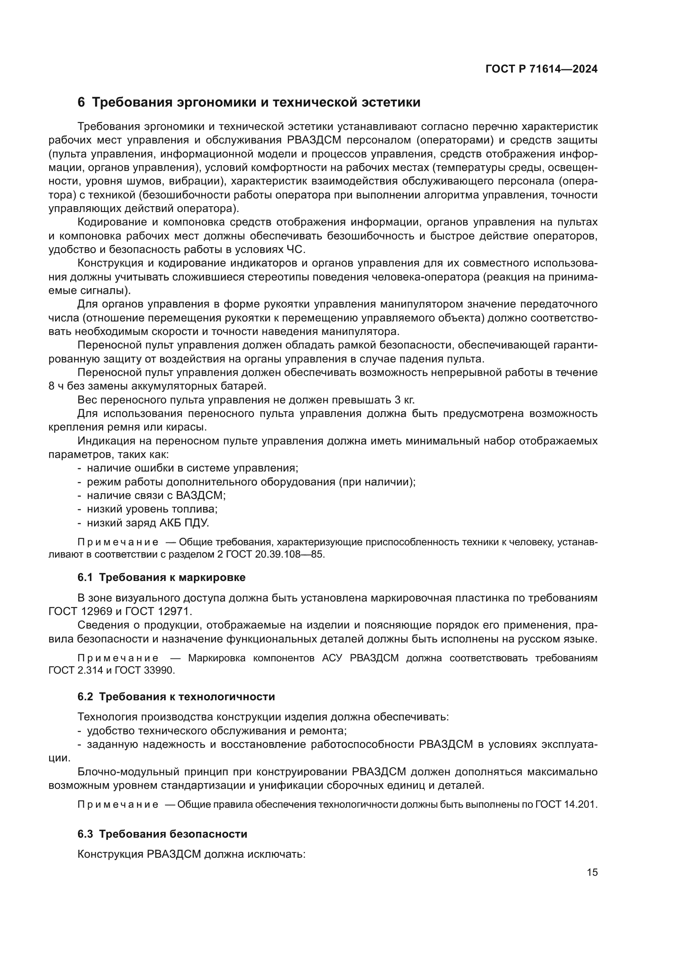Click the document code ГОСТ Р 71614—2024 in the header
541,69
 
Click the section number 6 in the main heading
81,103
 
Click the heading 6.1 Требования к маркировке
161,578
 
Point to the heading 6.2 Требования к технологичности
176,697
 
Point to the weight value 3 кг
404,400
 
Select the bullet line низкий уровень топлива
152,509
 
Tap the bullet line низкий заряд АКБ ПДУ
148,523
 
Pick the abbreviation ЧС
296,250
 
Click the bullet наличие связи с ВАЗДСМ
156,495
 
